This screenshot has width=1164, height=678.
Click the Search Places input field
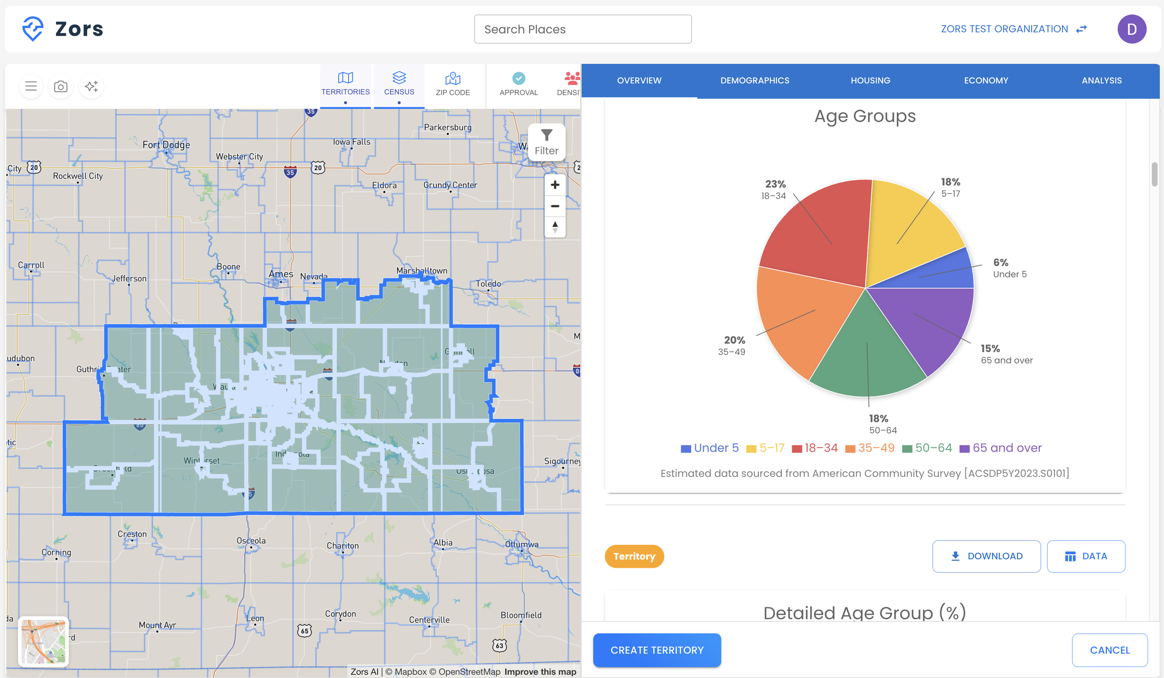(582, 29)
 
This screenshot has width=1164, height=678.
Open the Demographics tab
(755, 81)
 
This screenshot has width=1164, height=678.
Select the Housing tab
(870, 81)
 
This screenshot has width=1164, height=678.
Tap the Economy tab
(986, 81)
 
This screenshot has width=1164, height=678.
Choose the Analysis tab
(1101, 81)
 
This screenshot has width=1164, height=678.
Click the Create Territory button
(657, 650)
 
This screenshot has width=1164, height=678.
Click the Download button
(986, 556)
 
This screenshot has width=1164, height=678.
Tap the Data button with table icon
(1085, 556)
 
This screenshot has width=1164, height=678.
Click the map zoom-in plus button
(555, 185)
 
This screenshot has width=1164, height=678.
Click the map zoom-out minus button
(555, 206)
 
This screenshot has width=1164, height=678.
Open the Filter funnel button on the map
(546, 142)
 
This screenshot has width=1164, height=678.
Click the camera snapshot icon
(61, 87)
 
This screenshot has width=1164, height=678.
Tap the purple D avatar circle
(1132, 29)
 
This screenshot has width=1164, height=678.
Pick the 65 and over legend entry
(1001, 448)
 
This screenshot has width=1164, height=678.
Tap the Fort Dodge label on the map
(166, 145)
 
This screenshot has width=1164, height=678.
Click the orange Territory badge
(634, 556)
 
